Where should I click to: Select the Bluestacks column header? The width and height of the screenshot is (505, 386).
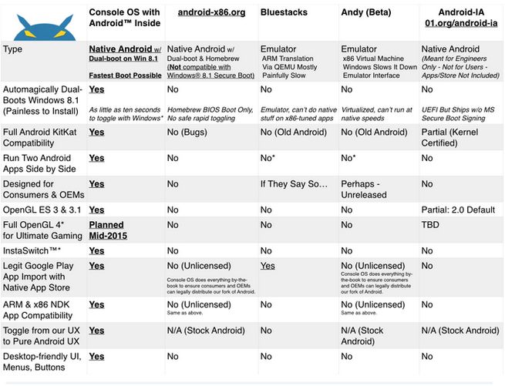[284, 13]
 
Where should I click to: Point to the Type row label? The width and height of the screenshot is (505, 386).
[16, 48]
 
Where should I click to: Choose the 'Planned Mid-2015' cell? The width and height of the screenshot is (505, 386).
[106, 230]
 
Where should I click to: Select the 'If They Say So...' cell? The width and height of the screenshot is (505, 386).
[294, 184]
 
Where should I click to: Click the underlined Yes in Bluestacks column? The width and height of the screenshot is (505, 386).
[268, 265]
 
